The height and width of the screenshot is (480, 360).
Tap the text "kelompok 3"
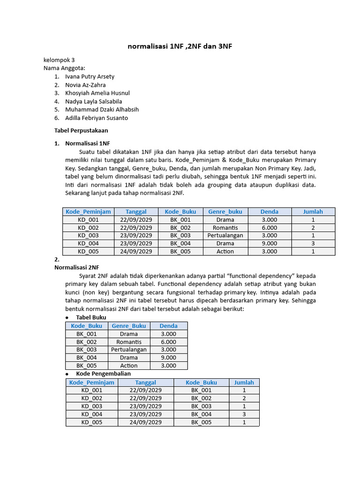tap(59, 60)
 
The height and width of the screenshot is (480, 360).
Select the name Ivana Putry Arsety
tap(90, 76)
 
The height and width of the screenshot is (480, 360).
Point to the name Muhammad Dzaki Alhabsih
tap(102, 110)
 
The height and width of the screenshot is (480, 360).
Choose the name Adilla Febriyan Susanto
tap(97, 118)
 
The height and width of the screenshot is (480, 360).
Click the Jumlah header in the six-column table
tap(313, 212)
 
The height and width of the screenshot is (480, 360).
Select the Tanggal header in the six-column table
tap(136, 212)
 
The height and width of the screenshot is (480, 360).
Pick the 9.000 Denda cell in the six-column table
tap(269, 243)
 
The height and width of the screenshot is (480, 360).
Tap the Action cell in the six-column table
tap(225, 251)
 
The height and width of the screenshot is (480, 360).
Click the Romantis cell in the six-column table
tap(225, 227)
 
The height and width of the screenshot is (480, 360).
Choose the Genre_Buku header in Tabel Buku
tap(128, 326)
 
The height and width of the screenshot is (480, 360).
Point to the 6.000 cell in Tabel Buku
tap(168, 342)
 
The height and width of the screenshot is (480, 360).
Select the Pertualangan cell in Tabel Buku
tap(128, 350)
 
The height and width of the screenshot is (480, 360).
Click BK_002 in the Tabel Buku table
tap(87, 342)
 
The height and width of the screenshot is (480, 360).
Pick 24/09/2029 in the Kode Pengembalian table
tap(145, 422)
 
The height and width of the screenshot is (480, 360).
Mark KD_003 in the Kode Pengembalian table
tap(91, 406)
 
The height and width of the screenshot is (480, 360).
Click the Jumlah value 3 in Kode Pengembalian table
tap(244, 414)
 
